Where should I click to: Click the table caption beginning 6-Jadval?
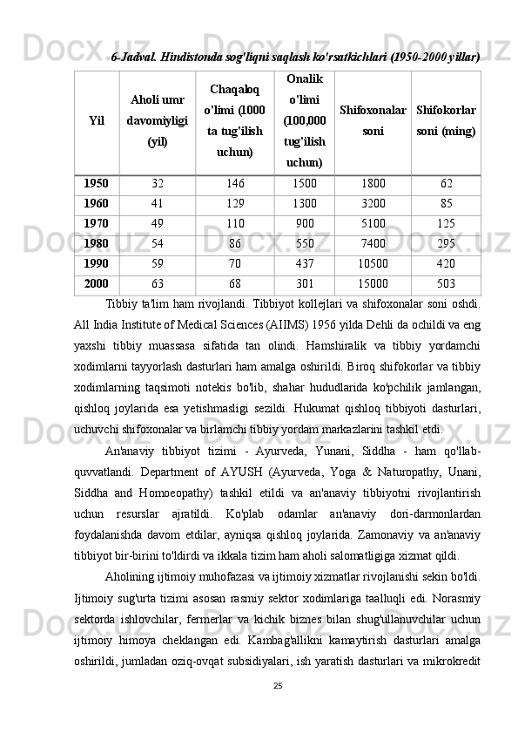tap(296, 56)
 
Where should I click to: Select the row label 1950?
tap(96, 184)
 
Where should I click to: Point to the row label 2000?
tap(96, 282)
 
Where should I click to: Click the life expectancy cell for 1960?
tap(158, 203)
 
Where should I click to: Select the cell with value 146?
tap(235, 184)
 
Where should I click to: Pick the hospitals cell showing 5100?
tap(373, 222)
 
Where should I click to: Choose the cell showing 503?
tap(446, 282)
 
